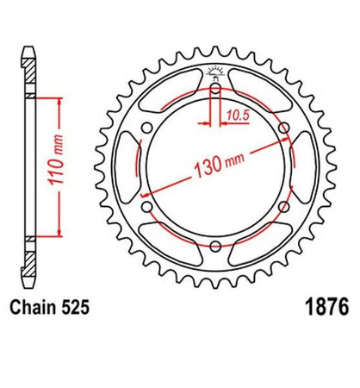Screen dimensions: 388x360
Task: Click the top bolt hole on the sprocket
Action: click(214, 86)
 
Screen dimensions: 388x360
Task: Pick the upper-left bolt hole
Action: click(145, 127)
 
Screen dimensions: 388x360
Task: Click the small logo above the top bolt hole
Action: click(214, 71)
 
